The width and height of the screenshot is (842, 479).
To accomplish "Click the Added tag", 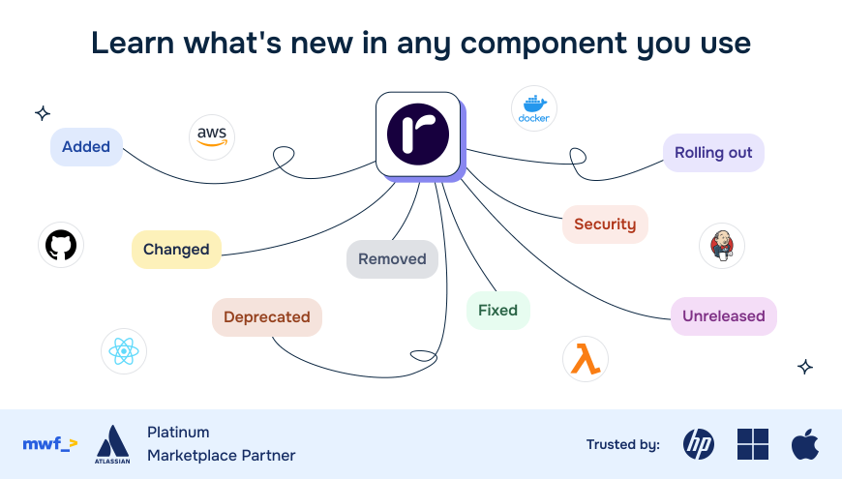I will tap(86, 147).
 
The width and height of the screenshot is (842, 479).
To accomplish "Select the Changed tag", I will tap(176, 250).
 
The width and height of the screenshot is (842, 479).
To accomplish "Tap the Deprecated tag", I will tap(266, 317).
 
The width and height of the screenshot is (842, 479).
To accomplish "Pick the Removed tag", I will tap(392, 259).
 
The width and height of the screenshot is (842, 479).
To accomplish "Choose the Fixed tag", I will tap(497, 311).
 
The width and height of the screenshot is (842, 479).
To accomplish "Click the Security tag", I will tap(605, 225).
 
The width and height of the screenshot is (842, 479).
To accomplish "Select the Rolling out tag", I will tap(713, 153).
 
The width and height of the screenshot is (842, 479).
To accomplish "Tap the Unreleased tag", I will tap(723, 316).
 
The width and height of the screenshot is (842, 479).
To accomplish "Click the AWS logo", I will tap(211, 137).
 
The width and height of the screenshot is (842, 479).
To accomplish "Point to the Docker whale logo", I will tap(534, 108).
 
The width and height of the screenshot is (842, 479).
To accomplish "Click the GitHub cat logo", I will tap(61, 245).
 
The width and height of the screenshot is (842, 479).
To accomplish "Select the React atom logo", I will tap(124, 351).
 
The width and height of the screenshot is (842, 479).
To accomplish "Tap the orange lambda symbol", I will tap(585, 359).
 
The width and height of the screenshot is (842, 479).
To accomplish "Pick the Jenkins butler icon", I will tap(722, 246).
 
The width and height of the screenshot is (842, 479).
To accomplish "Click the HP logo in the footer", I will tap(699, 444).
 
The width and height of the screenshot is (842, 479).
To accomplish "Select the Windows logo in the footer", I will tap(752, 444).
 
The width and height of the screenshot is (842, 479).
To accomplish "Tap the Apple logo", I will tap(804, 444).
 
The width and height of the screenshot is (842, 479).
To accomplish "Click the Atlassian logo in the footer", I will tap(112, 443).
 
